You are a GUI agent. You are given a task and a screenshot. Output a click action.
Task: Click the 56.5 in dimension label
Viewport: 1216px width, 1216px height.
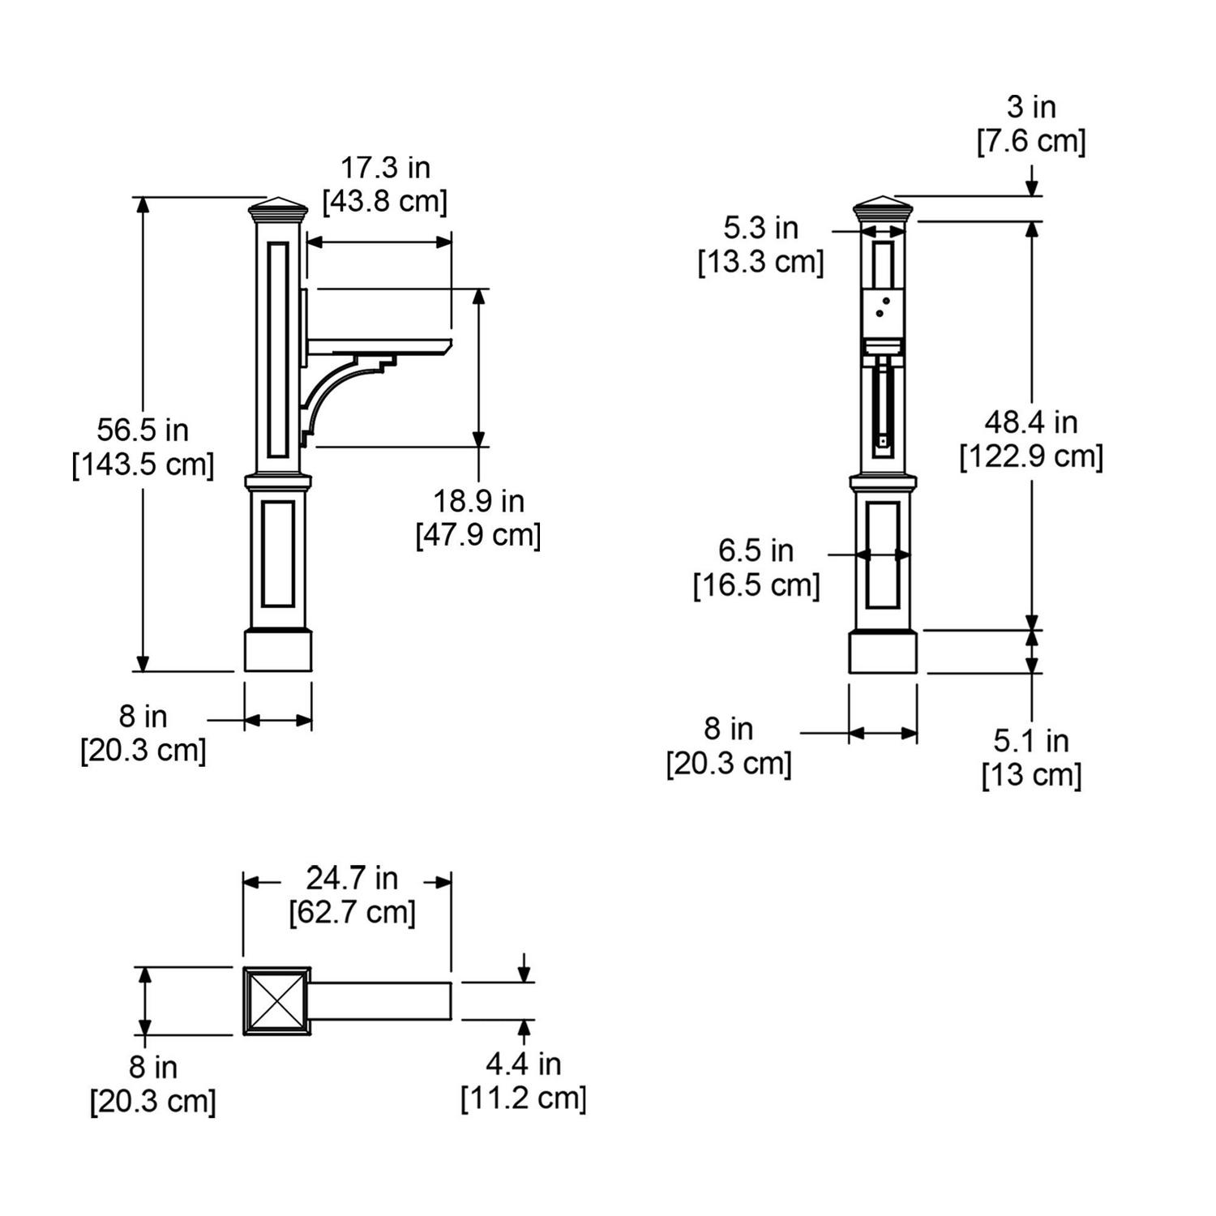(x=143, y=430)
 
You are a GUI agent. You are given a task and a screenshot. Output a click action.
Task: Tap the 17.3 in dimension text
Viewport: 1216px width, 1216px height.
(x=385, y=168)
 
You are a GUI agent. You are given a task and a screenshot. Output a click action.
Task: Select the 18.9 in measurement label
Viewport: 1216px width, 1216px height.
(x=478, y=501)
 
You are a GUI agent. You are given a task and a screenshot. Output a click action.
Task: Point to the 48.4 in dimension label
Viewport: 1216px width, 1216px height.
(x=1031, y=422)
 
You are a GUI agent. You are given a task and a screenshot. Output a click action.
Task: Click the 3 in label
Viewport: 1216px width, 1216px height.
(x=1031, y=106)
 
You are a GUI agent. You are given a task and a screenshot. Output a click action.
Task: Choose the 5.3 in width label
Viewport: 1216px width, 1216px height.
(x=761, y=228)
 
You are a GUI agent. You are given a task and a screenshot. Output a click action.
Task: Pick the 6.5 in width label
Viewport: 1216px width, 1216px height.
(x=756, y=550)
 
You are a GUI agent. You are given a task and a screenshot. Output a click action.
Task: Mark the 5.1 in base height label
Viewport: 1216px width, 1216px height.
(x=1031, y=741)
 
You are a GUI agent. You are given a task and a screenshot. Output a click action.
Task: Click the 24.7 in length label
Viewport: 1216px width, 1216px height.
(x=352, y=877)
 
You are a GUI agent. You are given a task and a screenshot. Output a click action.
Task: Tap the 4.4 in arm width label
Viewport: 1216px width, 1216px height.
(x=524, y=1064)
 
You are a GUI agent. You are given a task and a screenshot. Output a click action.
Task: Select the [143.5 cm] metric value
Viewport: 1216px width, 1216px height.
(x=143, y=465)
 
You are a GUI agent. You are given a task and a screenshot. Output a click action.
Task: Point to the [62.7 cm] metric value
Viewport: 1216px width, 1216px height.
(x=352, y=912)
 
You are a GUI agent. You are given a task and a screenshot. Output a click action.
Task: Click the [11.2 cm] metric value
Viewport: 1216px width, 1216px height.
(x=524, y=1098)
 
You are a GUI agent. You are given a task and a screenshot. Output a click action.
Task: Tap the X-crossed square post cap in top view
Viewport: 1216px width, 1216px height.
(x=277, y=1000)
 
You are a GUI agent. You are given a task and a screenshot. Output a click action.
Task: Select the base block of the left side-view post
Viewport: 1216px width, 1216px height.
(x=278, y=651)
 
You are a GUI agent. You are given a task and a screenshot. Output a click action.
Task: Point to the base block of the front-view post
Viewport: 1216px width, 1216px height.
(x=883, y=652)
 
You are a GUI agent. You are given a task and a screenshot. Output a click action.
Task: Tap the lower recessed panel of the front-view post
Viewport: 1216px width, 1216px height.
(x=883, y=555)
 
